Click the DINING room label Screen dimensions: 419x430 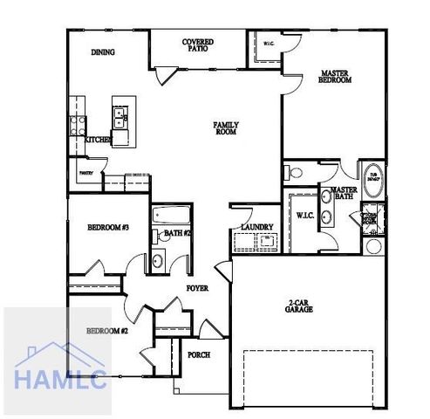(103, 52)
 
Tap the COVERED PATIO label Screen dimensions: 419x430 (198, 45)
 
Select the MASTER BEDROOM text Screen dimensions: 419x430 (336, 77)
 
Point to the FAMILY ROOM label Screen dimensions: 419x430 (226, 128)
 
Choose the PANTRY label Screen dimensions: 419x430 (86, 173)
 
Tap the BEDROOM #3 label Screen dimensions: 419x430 (108, 228)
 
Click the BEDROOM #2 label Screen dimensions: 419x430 (107, 332)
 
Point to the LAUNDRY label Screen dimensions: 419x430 (257, 228)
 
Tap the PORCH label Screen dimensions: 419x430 (199, 355)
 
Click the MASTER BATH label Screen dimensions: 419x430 (343, 193)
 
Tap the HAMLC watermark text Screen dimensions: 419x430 (60, 380)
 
